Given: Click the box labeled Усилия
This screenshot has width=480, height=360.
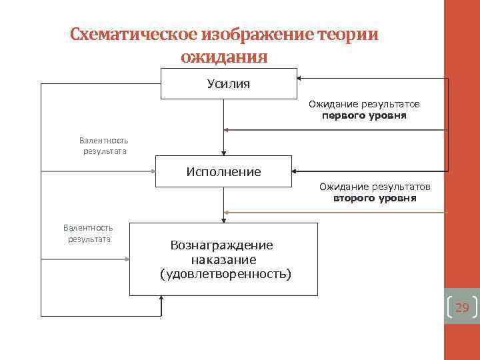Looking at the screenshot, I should [229, 83].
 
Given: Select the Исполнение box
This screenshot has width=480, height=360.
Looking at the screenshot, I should [223, 172].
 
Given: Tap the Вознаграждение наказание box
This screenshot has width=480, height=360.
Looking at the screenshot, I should [223, 259].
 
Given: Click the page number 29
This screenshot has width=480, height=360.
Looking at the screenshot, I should [461, 307].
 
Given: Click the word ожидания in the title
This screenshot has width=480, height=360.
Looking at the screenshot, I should [224, 57].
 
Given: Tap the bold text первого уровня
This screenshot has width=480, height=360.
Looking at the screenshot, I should [364, 115].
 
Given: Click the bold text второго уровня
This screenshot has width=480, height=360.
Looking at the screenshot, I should [375, 198].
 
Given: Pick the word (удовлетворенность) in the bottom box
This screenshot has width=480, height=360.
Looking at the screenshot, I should [225, 273].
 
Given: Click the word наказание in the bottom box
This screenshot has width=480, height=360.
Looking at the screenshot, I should [223, 259].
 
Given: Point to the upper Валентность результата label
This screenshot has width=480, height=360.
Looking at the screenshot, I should [103, 145].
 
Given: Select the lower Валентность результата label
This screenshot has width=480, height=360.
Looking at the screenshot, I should [88, 233].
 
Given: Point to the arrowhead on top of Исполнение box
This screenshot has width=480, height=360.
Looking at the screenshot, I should [224, 152].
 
